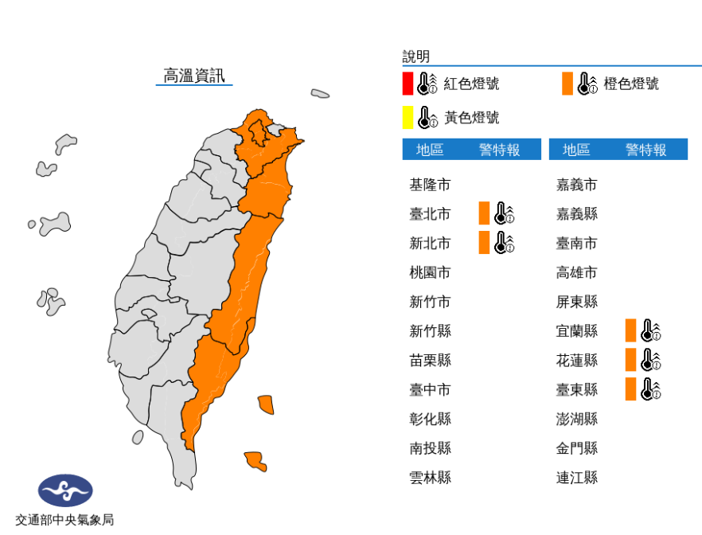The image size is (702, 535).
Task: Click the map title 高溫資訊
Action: [194, 76]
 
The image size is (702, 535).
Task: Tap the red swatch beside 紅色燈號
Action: [408, 84]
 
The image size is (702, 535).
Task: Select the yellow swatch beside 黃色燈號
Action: [408, 118]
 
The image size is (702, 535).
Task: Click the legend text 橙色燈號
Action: [631, 84]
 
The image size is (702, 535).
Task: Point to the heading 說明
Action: [416, 57]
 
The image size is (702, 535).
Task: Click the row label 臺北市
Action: [430, 214]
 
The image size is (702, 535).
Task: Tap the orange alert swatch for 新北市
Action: [484, 243]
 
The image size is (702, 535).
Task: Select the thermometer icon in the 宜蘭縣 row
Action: [651, 330]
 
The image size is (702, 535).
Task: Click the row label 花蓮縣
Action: [576, 360]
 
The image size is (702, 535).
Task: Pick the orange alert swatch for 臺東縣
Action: [630, 389]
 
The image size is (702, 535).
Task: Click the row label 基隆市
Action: [430, 185]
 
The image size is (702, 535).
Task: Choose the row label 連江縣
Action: [576, 478]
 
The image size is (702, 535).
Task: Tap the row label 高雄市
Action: [576, 272]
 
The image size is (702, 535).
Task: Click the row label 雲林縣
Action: [430, 478]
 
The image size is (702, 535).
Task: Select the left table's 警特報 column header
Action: [499, 150]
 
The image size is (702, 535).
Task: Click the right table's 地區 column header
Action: [576, 150]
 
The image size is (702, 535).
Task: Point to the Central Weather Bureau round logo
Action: [65, 490]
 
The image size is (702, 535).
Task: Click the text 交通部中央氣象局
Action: [65, 520]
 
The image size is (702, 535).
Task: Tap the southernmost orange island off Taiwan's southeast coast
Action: [255, 460]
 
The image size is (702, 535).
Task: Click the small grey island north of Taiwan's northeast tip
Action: [320, 94]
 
